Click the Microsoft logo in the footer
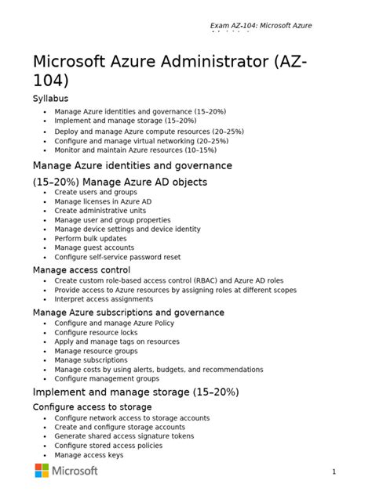[x=66, y=470]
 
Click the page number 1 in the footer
[x=334, y=472]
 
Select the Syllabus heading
[x=50, y=99]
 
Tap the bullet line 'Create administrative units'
[x=100, y=211]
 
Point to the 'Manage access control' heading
[x=81, y=270]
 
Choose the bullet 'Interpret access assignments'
[x=104, y=299]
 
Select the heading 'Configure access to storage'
[x=92, y=407]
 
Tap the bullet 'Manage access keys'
[x=89, y=455]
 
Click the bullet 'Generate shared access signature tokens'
[x=124, y=436]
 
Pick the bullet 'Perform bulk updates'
[x=90, y=238]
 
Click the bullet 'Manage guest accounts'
[x=94, y=247]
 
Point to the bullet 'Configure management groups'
[x=106, y=378]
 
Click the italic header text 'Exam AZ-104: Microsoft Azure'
[x=261, y=26]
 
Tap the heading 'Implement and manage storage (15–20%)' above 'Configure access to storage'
[x=135, y=392]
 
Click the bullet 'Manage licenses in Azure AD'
[x=103, y=201]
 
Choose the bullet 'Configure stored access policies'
[x=108, y=446]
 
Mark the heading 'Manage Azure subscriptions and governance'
[x=128, y=313]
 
